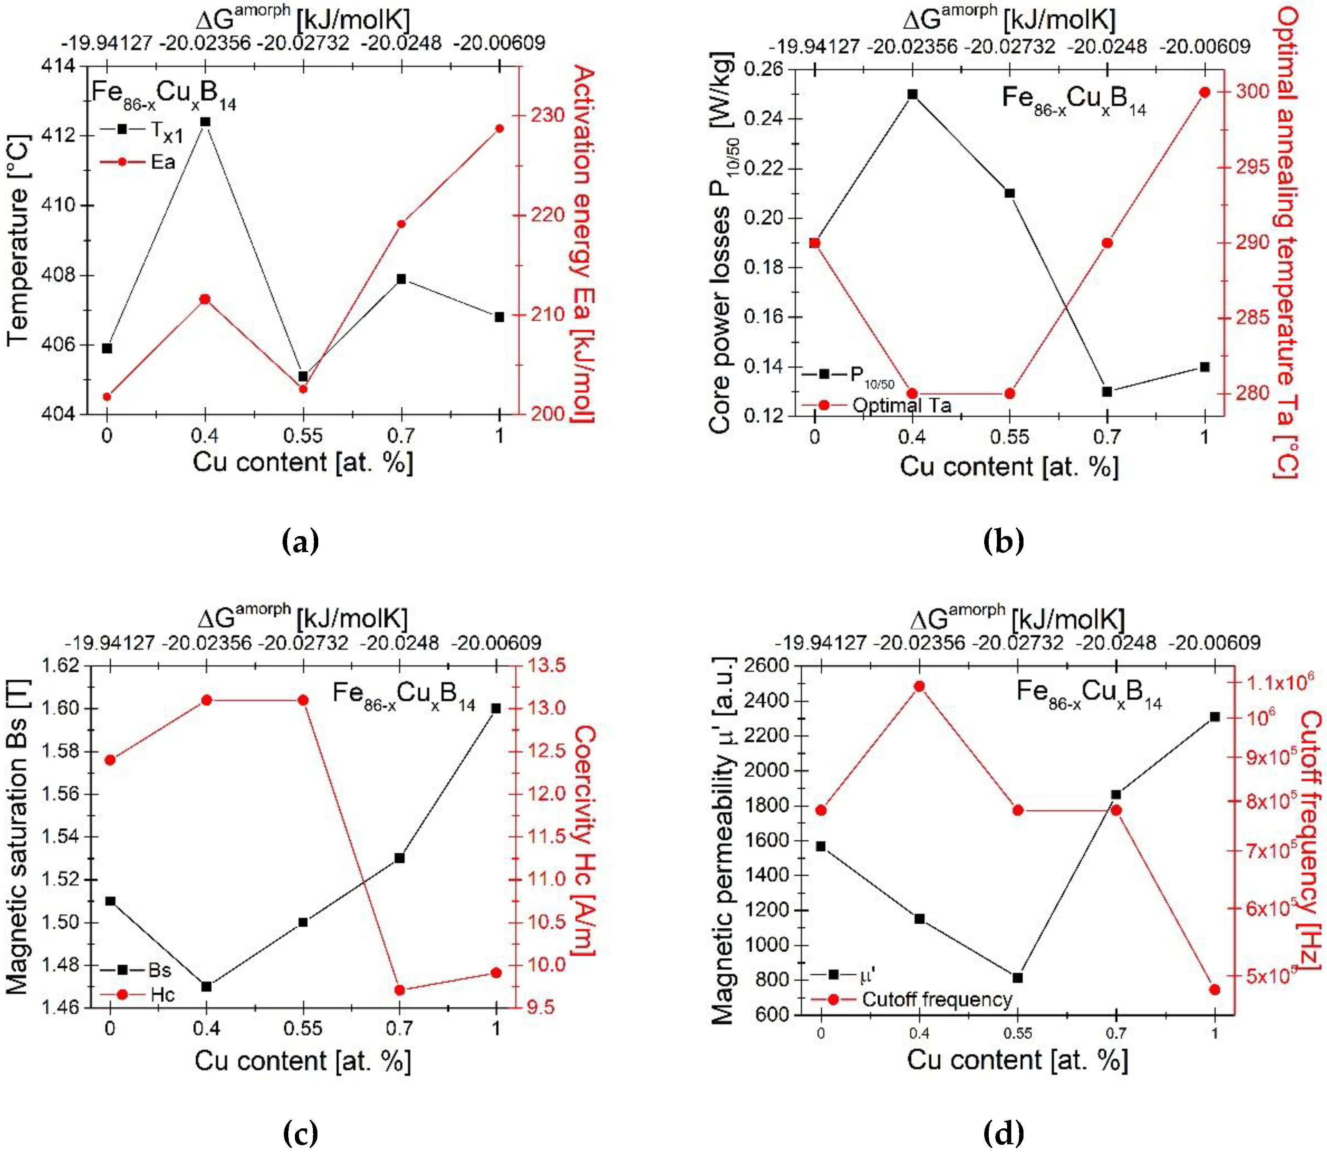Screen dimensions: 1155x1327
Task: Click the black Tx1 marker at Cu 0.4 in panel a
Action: pos(205,122)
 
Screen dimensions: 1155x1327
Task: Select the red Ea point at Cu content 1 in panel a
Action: pos(499,128)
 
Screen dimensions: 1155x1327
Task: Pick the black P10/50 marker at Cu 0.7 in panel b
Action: pos(1107,391)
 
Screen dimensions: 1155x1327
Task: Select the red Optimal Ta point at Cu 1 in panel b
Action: pos(1205,92)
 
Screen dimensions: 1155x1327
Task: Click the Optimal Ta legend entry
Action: pos(901,405)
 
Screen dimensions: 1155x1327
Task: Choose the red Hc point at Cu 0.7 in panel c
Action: pos(399,989)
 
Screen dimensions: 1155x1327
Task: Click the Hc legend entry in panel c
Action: pos(162,994)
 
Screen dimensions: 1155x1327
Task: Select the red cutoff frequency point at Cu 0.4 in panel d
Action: pos(919,687)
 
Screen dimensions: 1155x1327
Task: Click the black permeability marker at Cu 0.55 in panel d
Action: pos(1018,978)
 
